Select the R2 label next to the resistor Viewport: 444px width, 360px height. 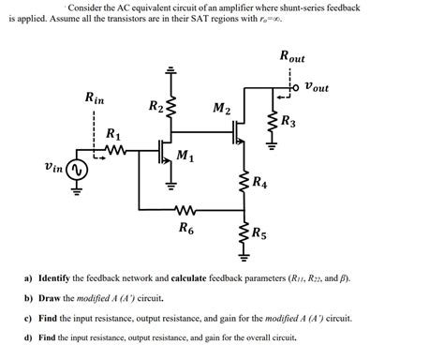(x=155, y=106)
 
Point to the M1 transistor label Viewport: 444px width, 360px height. (x=185, y=156)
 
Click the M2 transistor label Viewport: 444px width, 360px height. (x=221, y=110)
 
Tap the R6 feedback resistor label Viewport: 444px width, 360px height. (x=185, y=227)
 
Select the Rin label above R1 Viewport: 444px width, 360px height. (x=95, y=97)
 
